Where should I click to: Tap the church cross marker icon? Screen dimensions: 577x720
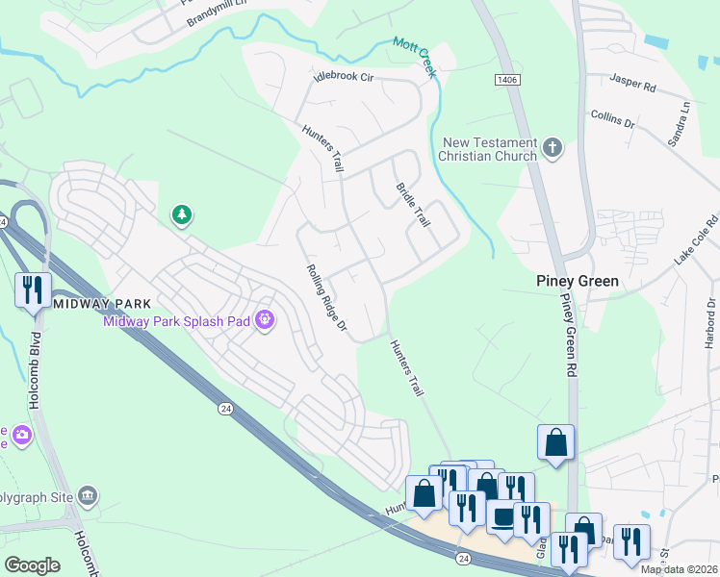coord(552,148)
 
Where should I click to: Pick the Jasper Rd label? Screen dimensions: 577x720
coord(632,87)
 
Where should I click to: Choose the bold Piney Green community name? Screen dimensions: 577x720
coord(577,282)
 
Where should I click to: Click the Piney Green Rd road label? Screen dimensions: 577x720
coord(568,337)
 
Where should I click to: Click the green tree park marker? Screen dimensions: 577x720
coord(181,215)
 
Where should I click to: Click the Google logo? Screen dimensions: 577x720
coord(32,564)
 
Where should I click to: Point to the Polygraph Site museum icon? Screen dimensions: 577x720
coord(88,496)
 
